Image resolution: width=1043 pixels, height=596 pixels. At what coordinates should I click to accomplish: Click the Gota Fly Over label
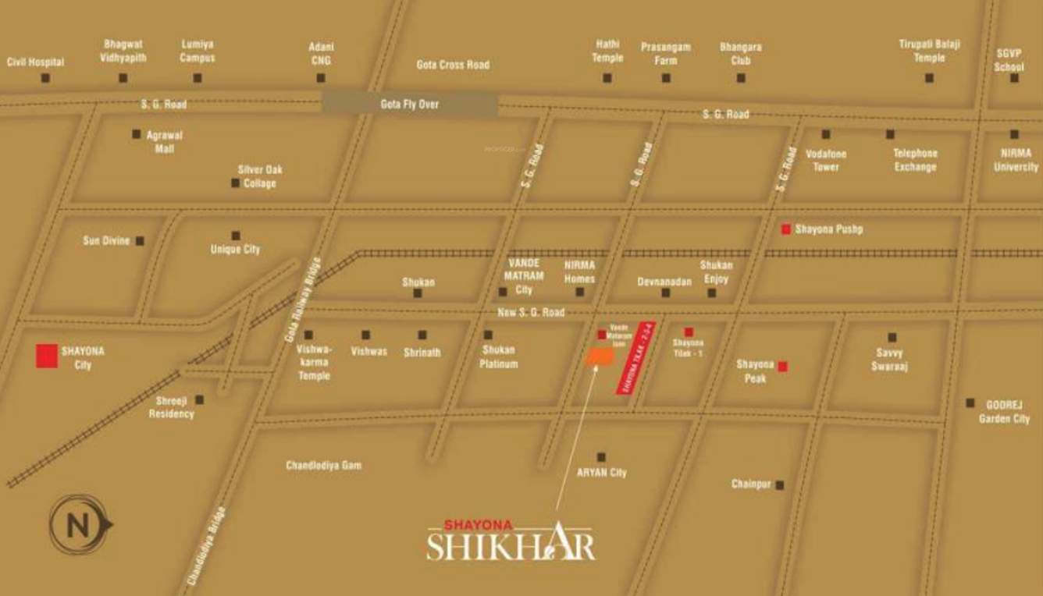tap(410, 104)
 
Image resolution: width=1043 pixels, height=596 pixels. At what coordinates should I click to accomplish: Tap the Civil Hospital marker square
tap(45, 78)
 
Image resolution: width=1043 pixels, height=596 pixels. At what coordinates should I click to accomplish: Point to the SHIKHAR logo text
tap(511, 544)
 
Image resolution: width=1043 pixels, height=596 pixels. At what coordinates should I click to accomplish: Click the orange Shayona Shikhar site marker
tap(600, 357)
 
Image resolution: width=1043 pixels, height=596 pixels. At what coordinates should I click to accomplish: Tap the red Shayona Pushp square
tap(786, 229)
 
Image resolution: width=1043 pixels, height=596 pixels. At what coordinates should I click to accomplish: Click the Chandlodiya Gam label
tap(323, 466)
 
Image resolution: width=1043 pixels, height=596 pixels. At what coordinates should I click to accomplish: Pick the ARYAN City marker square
tap(601, 457)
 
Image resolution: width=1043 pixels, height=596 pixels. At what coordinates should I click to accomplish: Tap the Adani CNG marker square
tap(321, 78)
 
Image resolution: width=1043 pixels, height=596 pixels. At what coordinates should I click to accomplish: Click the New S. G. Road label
tap(531, 312)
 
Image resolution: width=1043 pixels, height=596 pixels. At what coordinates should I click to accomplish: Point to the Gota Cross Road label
tap(453, 65)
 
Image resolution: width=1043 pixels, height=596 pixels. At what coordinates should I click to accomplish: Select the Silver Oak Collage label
tap(260, 176)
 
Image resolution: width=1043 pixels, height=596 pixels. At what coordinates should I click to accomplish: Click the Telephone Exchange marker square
tap(890, 134)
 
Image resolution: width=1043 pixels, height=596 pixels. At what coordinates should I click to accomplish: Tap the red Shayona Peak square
tap(782, 367)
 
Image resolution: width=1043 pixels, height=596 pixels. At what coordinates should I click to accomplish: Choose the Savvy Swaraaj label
tap(890, 360)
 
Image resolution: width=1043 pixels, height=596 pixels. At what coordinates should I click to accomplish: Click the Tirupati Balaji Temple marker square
tap(929, 78)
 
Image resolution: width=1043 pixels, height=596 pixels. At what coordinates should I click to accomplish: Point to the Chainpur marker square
tap(779, 484)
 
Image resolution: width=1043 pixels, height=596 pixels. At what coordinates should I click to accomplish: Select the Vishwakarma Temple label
tap(314, 363)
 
